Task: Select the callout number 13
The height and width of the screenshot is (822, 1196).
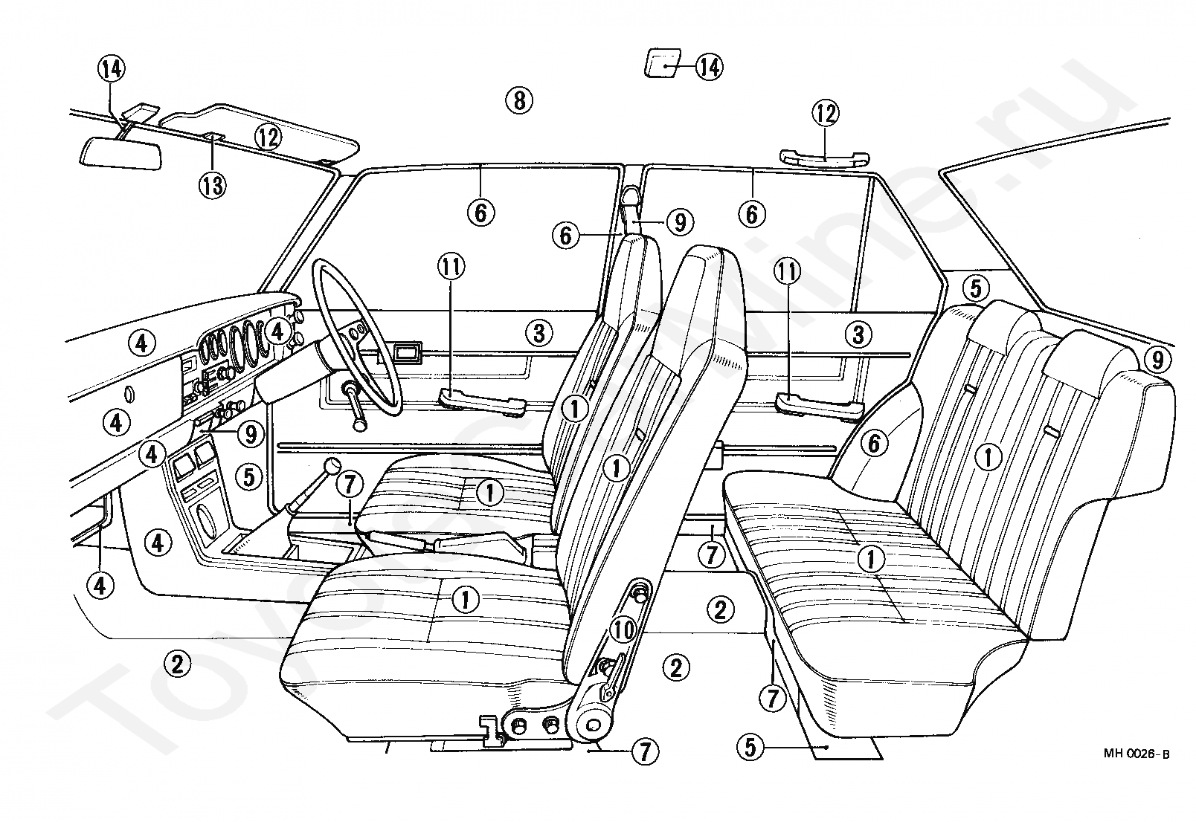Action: click(x=213, y=185)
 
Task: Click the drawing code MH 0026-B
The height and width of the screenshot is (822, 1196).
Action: click(x=1136, y=754)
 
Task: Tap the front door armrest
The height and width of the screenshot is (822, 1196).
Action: click(x=482, y=401)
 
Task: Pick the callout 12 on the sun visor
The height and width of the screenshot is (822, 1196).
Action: click(x=268, y=136)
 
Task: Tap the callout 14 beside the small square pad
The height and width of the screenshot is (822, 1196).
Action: click(x=709, y=68)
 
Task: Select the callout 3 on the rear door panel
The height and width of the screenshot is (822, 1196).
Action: click(x=859, y=334)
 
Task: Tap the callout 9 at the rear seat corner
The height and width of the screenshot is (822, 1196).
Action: click(x=1156, y=360)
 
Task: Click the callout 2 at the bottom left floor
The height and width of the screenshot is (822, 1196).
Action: click(x=177, y=662)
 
